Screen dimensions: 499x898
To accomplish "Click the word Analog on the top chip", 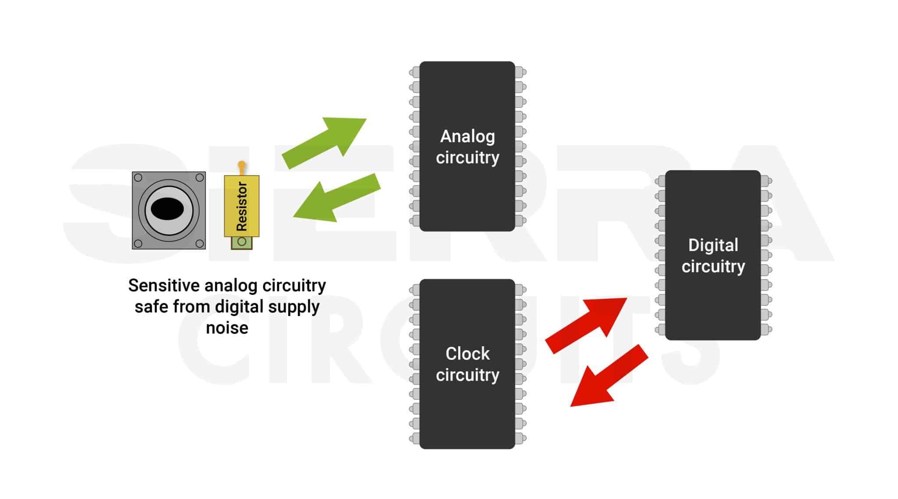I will click(x=467, y=136).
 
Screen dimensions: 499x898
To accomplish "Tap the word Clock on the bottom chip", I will click(x=467, y=354).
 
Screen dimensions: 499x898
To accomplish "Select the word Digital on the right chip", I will click(x=713, y=245).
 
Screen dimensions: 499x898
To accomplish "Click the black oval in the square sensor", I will click(x=167, y=209).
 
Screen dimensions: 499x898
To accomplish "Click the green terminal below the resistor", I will click(x=242, y=242).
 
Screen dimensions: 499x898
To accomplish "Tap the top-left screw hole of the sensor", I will click(x=138, y=178).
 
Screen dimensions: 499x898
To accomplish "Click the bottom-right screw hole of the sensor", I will click(x=200, y=243).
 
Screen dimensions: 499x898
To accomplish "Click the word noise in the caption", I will click(x=227, y=328).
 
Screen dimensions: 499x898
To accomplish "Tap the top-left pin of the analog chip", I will click(x=414, y=72).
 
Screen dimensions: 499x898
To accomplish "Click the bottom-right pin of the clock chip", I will click(x=521, y=438).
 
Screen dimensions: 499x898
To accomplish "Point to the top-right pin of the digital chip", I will click(x=766, y=181).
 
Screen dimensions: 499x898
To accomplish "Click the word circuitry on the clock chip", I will click(x=467, y=375).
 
